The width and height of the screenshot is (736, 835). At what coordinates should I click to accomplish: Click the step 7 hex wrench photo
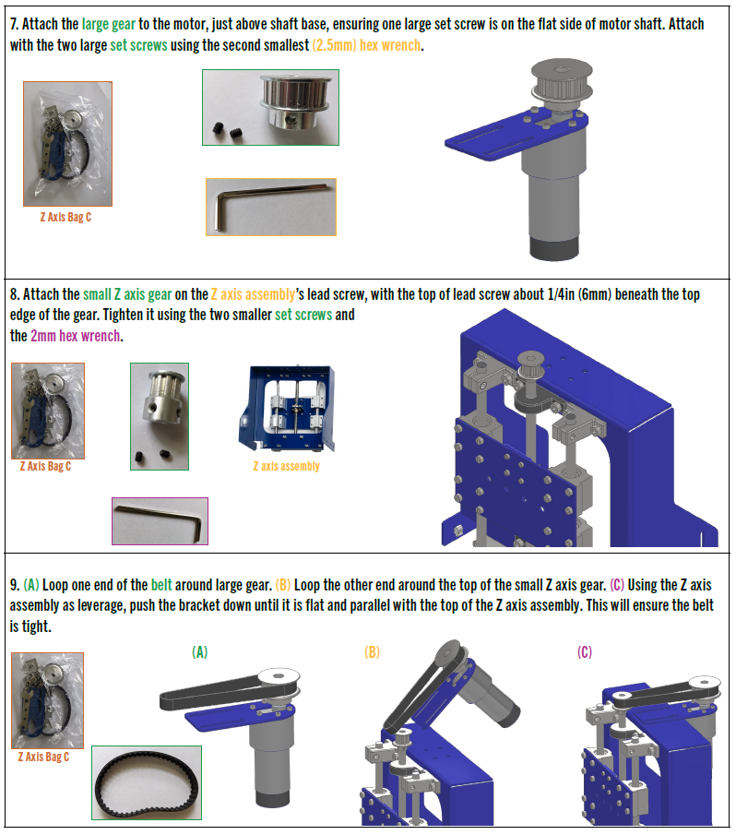click(271, 208)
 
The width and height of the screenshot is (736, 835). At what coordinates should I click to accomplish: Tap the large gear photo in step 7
click(270, 107)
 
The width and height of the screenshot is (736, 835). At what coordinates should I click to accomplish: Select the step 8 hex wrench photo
click(160, 521)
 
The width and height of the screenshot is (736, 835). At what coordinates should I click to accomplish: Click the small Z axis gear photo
click(160, 416)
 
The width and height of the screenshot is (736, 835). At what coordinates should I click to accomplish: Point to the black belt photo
click(147, 782)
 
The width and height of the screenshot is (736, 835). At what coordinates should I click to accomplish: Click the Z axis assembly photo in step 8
click(287, 409)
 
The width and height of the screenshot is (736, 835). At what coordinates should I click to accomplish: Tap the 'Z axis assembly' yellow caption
click(286, 467)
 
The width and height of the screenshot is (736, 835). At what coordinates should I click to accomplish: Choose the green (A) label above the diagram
click(199, 652)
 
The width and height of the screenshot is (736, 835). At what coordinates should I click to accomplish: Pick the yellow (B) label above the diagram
click(372, 652)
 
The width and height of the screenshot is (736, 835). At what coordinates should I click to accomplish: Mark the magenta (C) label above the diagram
click(585, 652)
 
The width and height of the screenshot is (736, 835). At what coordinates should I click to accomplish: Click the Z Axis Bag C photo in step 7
click(67, 144)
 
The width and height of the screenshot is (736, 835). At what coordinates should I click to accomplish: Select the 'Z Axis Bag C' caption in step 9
click(43, 757)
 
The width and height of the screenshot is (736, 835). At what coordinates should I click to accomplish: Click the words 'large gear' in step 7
click(109, 25)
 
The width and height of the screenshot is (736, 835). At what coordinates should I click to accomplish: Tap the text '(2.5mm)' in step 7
click(334, 46)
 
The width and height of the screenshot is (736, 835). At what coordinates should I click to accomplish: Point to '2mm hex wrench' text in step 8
click(75, 337)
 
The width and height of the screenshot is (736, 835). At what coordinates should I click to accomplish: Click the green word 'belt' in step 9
click(161, 585)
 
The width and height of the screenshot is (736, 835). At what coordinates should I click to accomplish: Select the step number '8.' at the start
click(15, 294)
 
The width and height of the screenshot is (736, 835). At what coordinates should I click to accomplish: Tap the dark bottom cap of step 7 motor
click(554, 248)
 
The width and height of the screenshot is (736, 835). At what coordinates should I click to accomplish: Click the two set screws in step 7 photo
click(227, 130)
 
